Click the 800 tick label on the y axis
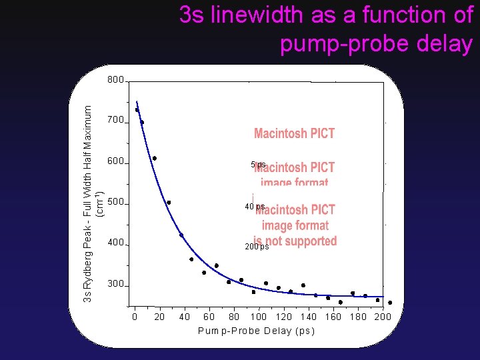[x=116, y=80]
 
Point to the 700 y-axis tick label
[x=116, y=121]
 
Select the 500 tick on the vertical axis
[x=116, y=202]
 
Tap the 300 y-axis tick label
[x=116, y=284]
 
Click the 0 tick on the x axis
[x=135, y=317]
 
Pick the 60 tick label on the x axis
[x=209, y=317]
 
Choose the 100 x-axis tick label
[x=259, y=317]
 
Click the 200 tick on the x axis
[x=382, y=317]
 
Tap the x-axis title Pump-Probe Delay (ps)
[x=256, y=331]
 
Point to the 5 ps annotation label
[x=258, y=164]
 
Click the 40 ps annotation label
[x=255, y=207]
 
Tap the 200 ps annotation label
[x=257, y=247]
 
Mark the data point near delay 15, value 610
[x=155, y=158]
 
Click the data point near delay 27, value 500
[x=169, y=203]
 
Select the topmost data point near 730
[x=137, y=110]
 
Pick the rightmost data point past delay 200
[x=390, y=303]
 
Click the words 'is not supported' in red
[x=295, y=241]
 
